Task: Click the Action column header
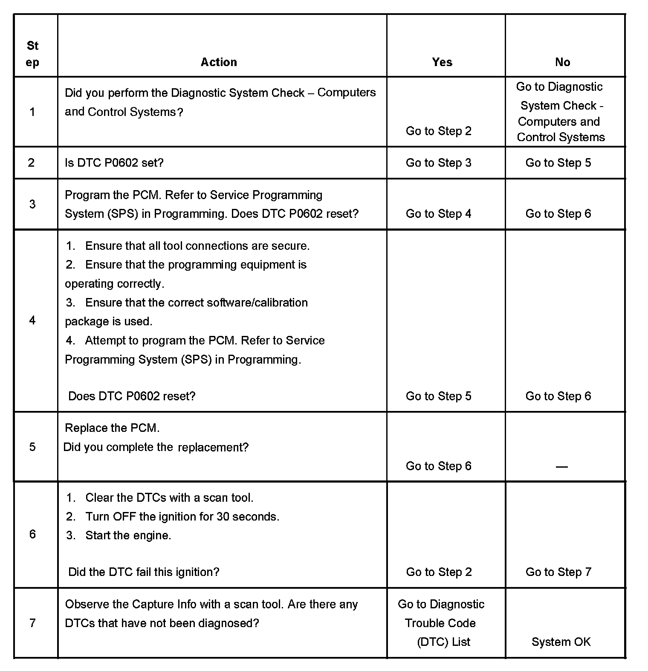point(219,62)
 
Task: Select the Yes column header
point(442,62)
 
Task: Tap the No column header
point(562,62)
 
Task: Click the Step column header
point(32,54)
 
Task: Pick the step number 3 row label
point(32,204)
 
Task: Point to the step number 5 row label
point(32,447)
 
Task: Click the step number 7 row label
point(32,623)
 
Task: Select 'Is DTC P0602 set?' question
point(114,163)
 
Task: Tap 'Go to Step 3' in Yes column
point(439,163)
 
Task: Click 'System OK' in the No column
point(561,642)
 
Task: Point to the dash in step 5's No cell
point(562,467)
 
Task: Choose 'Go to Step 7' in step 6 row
point(558,572)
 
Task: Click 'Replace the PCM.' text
point(112,428)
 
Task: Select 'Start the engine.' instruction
point(128,535)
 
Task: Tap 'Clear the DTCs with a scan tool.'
point(169,498)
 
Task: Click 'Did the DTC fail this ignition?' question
point(144,572)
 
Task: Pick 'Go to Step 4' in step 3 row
point(439,214)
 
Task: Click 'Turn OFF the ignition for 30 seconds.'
point(182,517)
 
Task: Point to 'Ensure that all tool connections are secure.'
point(197,246)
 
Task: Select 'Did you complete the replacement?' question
point(156,447)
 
